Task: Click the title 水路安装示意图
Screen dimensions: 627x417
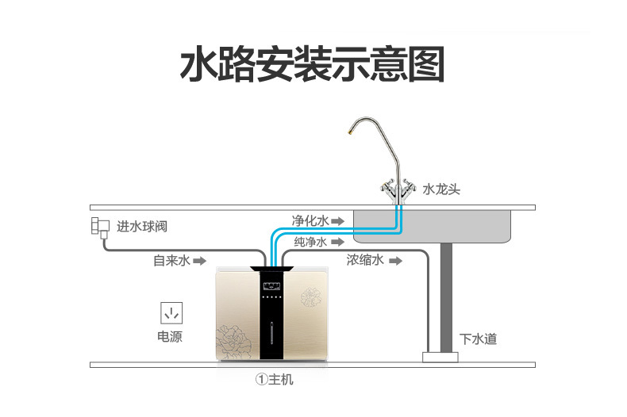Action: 313,65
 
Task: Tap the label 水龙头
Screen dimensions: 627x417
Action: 441,190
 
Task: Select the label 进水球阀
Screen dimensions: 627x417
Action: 142,227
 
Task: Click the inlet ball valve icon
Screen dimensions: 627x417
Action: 99,228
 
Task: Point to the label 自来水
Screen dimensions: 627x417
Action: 171,260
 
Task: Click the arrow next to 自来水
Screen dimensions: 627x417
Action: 201,260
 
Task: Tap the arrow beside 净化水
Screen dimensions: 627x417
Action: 337,220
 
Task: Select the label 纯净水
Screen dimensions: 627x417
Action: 309,241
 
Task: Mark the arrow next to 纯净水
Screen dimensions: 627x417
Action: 337,241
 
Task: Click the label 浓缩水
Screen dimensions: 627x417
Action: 365,260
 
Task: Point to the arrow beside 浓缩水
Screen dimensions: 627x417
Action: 394,260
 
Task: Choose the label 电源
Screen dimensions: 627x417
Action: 170,337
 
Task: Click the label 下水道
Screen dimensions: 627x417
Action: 479,339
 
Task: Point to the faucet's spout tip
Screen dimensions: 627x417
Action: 351,135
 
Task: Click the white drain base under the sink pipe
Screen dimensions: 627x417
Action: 440,357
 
